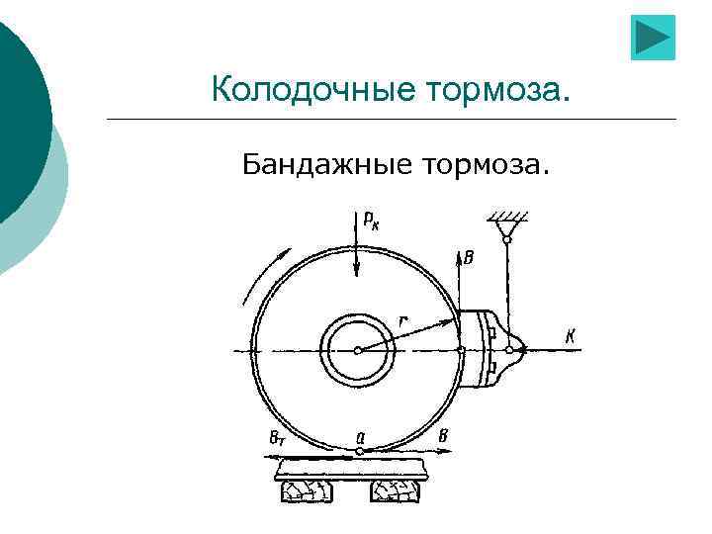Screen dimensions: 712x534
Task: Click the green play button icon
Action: click(x=653, y=39)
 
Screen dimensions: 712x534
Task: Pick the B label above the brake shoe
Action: click(x=468, y=258)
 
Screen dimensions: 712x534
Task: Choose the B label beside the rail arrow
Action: click(x=444, y=437)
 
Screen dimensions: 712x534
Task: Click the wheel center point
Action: click(x=358, y=350)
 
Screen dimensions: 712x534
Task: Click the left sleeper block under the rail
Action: click(x=309, y=491)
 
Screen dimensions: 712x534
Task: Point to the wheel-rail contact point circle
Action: click(x=359, y=452)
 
